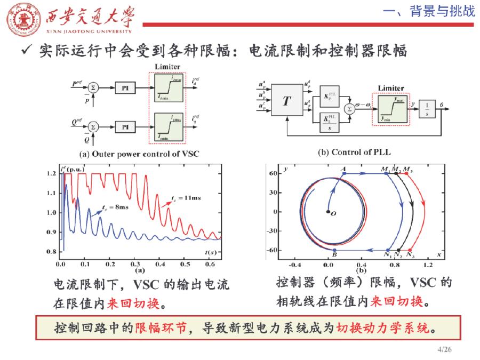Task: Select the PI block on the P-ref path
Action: [x=125, y=86]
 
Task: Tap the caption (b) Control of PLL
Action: [x=354, y=152]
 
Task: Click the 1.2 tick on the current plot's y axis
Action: [x=53, y=174]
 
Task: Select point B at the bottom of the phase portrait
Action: [x=334, y=250]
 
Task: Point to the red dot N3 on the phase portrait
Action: [x=410, y=250]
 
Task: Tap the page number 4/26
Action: [x=444, y=349]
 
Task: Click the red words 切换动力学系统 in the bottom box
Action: [x=383, y=327]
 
